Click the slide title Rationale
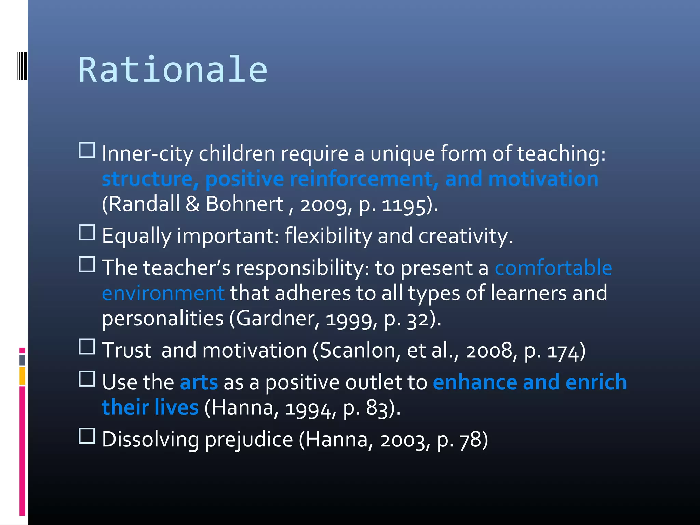(x=173, y=70)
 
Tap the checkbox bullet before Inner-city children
(x=87, y=150)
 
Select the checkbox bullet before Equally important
(x=87, y=232)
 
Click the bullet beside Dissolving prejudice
(x=87, y=436)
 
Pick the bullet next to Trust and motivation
(x=87, y=347)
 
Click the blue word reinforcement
(x=364, y=179)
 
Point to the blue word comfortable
(x=553, y=268)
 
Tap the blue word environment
(x=163, y=293)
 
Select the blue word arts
(x=199, y=382)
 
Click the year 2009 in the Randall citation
(x=323, y=205)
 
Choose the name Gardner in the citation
(x=278, y=319)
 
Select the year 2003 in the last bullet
(x=403, y=440)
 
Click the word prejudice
(x=249, y=440)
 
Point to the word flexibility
(x=328, y=236)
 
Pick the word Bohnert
(x=245, y=204)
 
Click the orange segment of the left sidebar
(x=22, y=376)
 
